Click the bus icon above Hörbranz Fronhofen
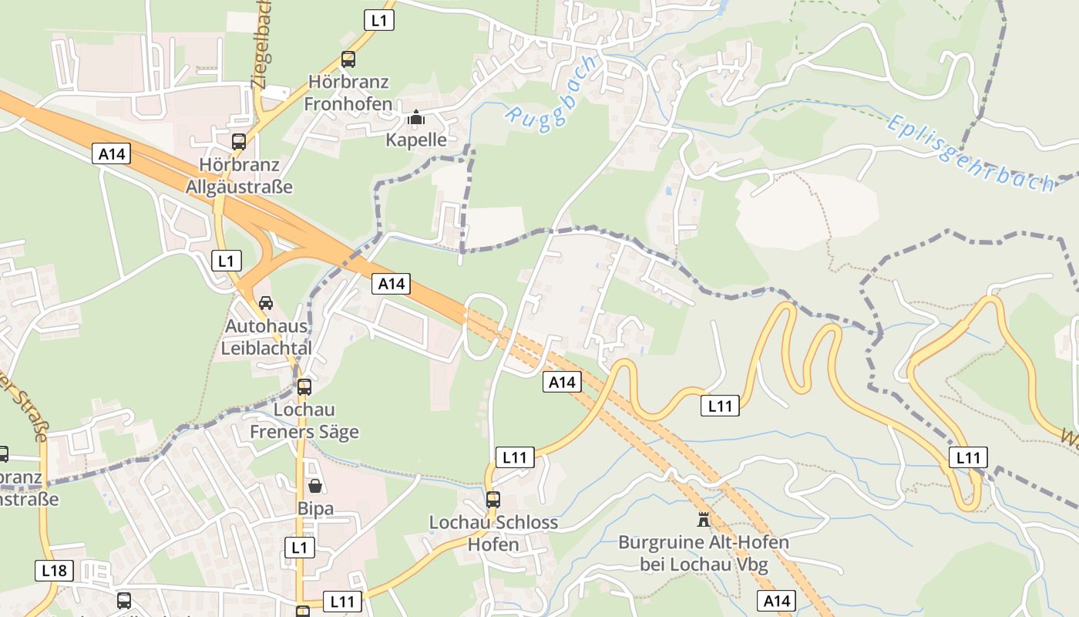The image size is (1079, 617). point(348,59)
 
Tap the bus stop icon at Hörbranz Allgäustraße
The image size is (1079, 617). point(239,142)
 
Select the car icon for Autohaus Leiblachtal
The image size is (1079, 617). point(266,302)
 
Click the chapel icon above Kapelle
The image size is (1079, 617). point(416,118)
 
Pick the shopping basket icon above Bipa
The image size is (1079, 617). point(315,486)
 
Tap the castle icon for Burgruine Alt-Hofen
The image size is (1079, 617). point(703,519)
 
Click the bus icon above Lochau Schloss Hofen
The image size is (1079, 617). point(493,500)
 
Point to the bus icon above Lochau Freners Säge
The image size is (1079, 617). point(304,386)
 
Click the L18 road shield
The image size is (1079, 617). point(54,571)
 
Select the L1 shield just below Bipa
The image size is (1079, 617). point(300,548)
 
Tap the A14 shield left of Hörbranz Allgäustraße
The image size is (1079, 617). point(112,153)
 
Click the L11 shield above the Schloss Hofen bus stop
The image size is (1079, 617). point(514,457)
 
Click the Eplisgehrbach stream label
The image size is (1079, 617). point(970,153)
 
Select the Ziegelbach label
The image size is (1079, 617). point(263,45)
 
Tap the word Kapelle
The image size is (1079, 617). point(416,140)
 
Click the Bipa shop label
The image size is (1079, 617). point(315,508)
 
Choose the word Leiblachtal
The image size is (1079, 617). point(266,348)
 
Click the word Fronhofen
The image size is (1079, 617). point(348,103)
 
